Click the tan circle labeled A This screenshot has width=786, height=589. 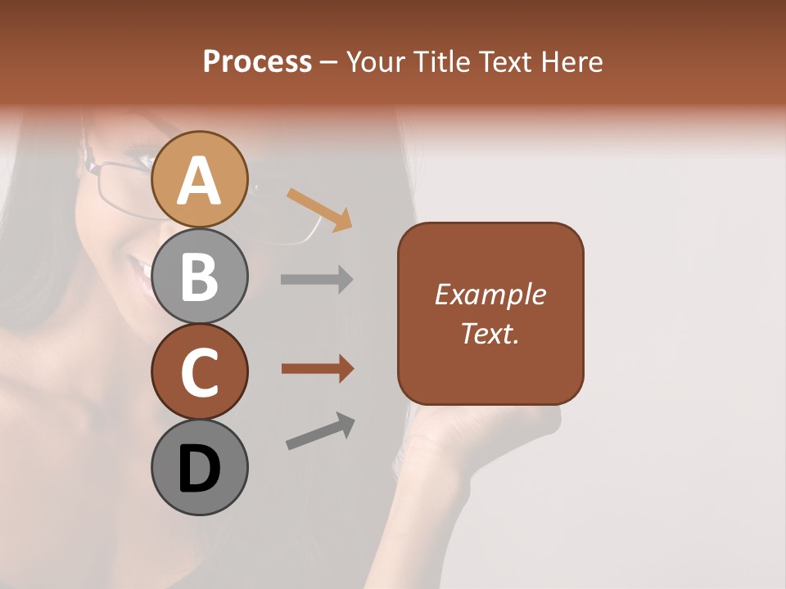coord(199,179)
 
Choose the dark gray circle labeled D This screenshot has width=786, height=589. coord(199,467)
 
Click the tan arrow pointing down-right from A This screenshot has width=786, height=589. coord(319,209)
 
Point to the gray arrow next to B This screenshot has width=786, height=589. coord(317,279)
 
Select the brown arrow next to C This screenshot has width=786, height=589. coord(317,369)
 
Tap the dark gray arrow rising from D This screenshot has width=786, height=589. coord(320,432)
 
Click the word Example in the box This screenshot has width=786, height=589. coord(490,294)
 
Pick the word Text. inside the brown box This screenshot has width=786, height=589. coord(490,333)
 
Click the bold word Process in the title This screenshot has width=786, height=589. coord(257,61)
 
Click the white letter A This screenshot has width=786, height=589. coord(199,181)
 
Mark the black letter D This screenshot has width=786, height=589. coord(199,469)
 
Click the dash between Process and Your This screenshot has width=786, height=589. coord(328,62)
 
